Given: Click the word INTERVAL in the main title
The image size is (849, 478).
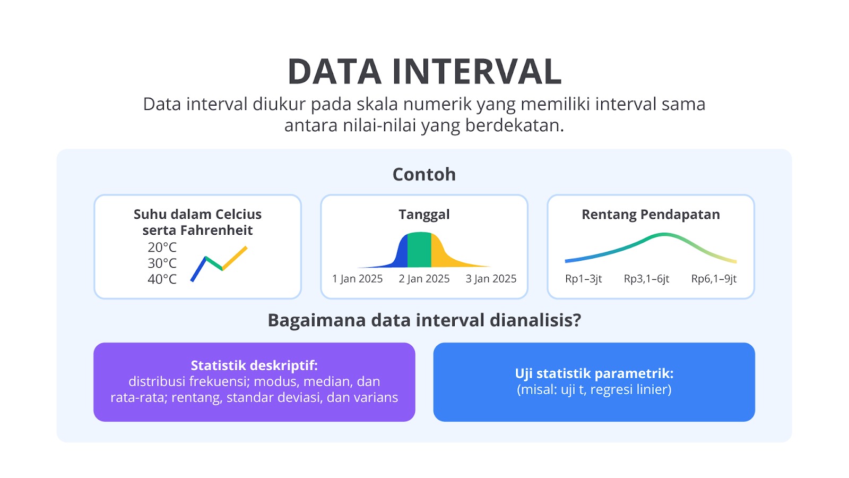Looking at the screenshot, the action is (x=477, y=71).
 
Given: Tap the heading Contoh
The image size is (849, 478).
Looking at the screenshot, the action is (x=424, y=175).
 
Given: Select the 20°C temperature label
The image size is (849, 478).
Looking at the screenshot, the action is (x=162, y=247).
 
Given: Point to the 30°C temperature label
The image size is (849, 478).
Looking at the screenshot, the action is (x=162, y=263).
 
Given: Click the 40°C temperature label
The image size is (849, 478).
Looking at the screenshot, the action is (x=162, y=279).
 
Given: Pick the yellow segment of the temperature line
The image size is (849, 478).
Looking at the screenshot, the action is (x=235, y=258).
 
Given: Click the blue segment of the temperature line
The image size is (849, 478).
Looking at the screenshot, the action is (x=198, y=269).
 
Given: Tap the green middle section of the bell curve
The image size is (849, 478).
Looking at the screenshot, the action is (x=419, y=250).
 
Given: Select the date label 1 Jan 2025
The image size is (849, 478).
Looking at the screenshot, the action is (x=358, y=279).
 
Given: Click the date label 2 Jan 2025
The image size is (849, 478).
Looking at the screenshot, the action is (x=424, y=279).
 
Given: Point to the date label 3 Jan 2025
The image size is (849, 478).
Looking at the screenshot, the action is (x=491, y=279).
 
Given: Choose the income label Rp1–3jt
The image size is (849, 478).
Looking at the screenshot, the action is (x=583, y=279).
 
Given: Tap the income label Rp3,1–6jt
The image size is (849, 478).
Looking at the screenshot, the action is (x=647, y=279).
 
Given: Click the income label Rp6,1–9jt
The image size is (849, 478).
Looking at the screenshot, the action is (x=714, y=279).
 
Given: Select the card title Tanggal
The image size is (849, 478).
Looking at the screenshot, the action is (x=424, y=215).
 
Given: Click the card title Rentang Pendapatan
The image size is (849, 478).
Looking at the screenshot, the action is (x=651, y=215).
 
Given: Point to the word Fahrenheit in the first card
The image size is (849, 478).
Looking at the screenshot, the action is (x=216, y=231).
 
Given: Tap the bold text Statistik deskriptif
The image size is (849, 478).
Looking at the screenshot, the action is (x=254, y=366).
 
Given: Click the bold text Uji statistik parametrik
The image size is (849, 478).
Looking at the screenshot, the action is (x=594, y=374).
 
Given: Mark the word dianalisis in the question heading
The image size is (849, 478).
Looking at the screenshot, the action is (x=535, y=320).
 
